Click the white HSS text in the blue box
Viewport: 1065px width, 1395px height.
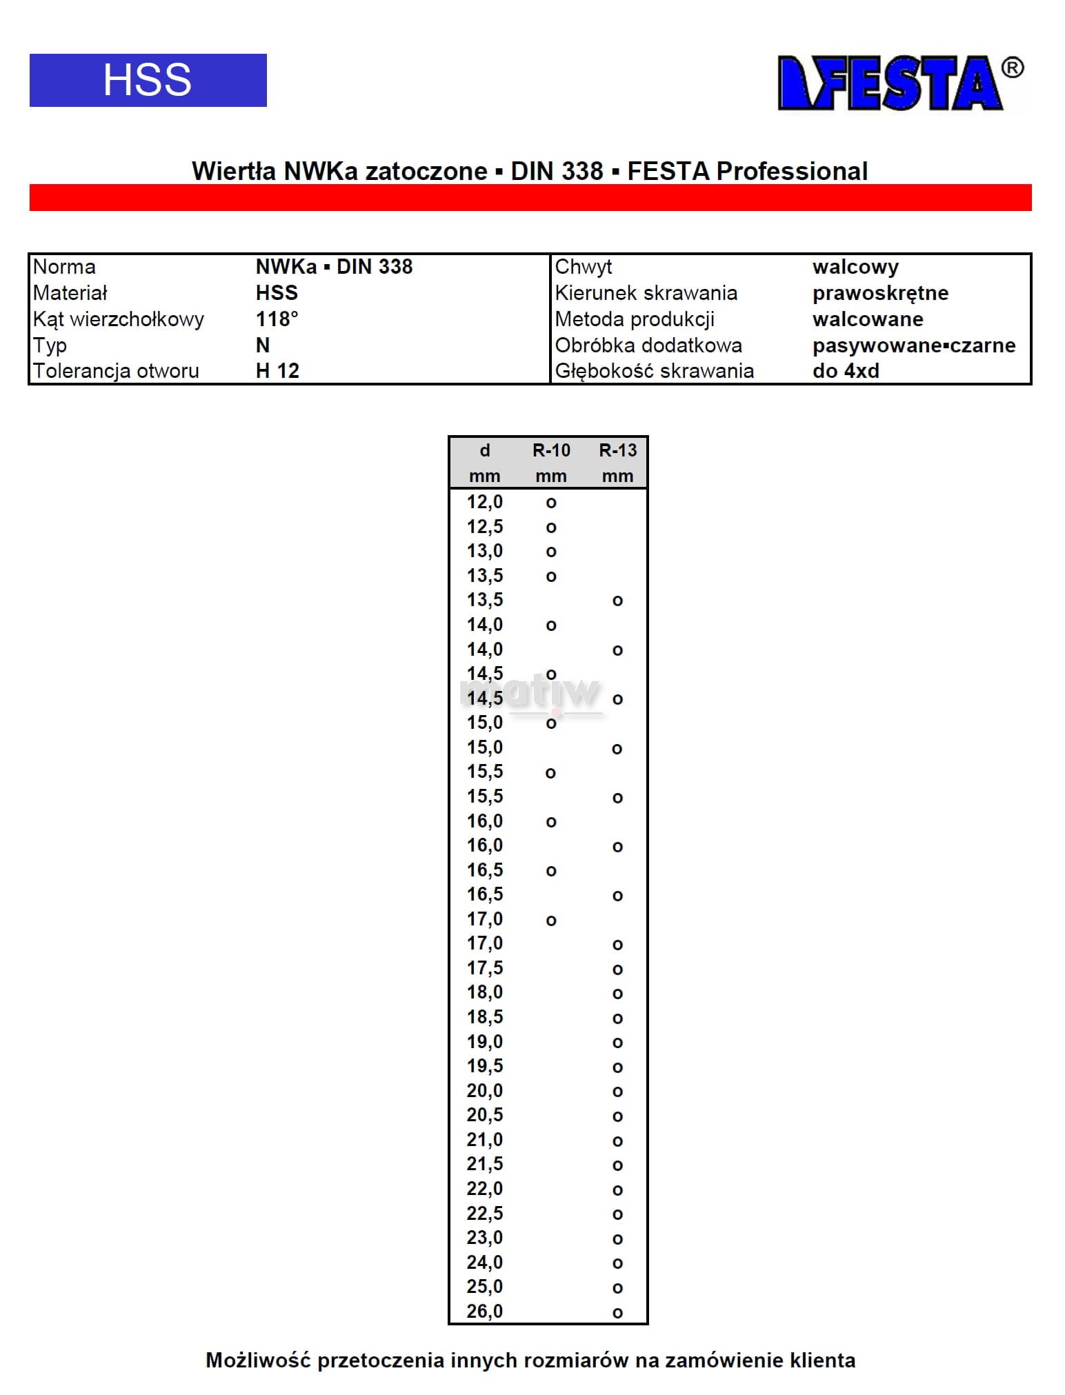(147, 80)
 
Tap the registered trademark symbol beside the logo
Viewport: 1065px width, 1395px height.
(1012, 68)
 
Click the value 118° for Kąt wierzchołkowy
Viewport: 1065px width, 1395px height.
(277, 319)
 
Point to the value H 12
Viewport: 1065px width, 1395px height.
(277, 371)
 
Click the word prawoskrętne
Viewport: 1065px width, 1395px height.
(880, 293)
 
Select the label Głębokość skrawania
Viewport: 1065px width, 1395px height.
(654, 371)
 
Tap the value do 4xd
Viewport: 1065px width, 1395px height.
(846, 371)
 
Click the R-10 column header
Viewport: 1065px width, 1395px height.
(551, 451)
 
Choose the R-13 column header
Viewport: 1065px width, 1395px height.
(617, 451)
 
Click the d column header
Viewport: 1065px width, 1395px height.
(485, 451)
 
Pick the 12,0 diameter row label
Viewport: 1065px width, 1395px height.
(485, 502)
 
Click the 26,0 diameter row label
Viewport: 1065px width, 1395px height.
(485, 1312)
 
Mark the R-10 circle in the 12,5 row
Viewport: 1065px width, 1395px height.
(551, 528)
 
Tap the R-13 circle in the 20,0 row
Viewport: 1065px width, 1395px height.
(617, 1092)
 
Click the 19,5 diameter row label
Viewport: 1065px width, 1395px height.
(485, 1066)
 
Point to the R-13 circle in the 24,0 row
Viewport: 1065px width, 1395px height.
(617, 1263)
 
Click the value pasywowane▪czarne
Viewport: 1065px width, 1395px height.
(913, 345)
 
